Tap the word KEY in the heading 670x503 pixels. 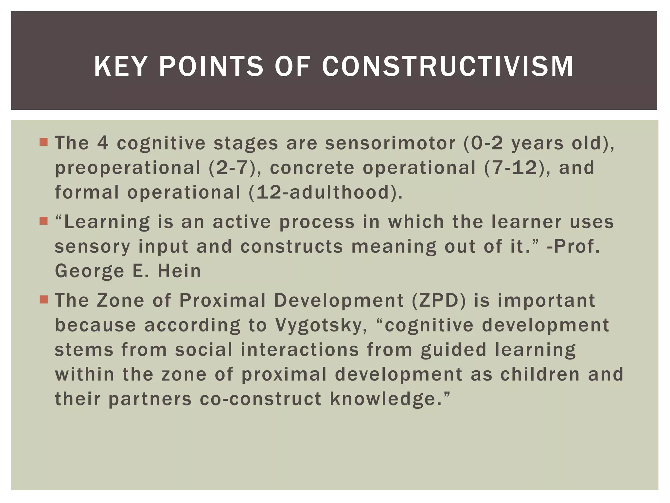click(x=119, y=66)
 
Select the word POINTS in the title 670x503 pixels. click(x=211, y=66)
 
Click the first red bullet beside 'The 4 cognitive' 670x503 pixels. click(x=44, y=142)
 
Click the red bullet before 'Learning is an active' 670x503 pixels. click(x=44, y=221)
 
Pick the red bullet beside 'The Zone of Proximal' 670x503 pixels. click(x=44, y=300)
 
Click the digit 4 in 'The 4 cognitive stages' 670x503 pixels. click(x=103, y=143)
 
